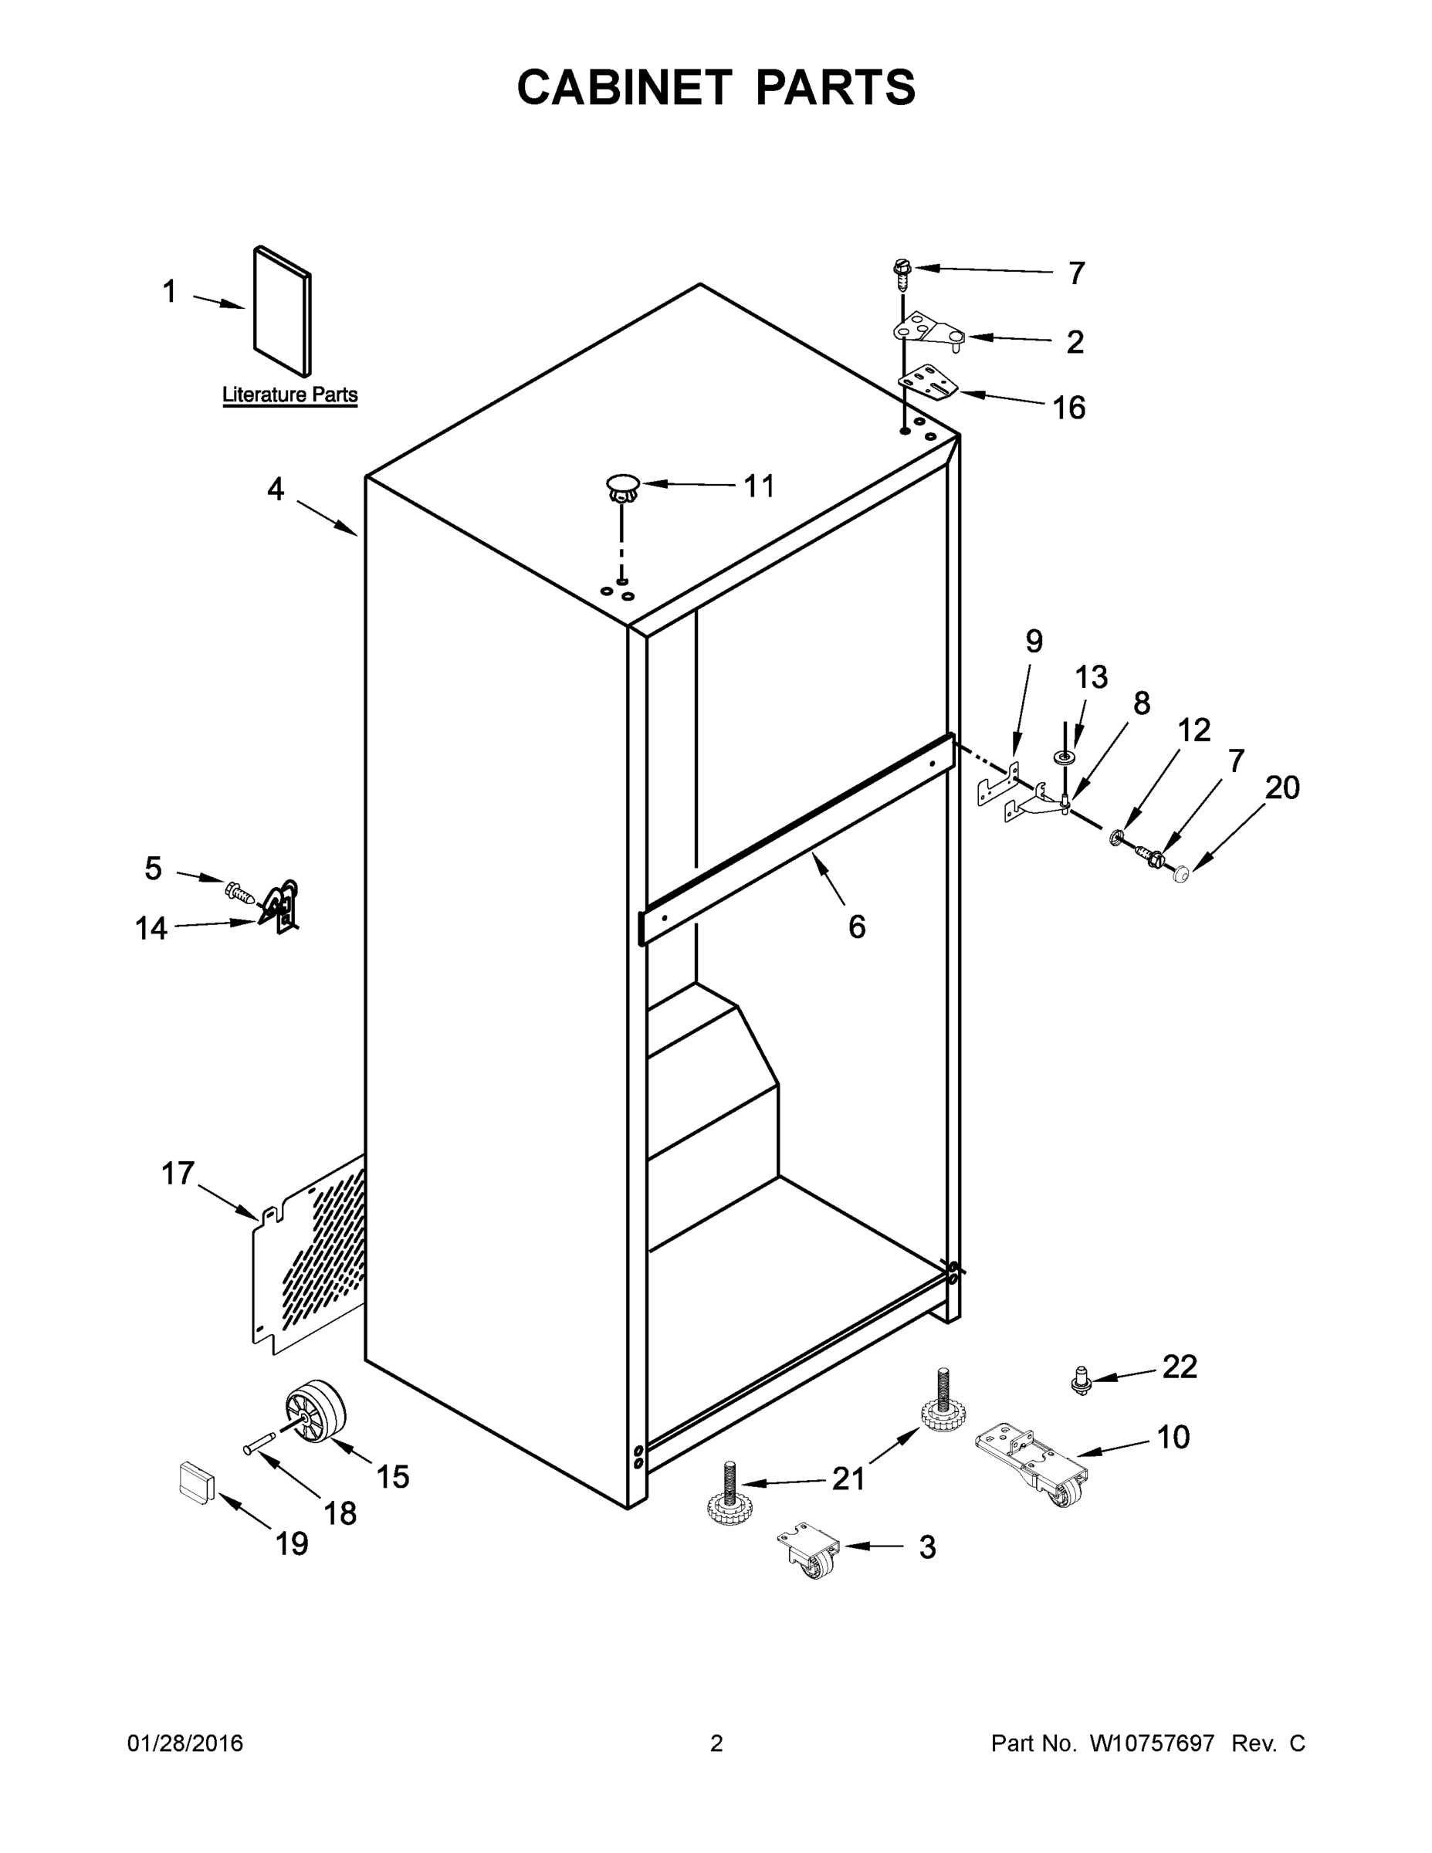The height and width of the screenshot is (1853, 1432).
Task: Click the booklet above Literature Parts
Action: click(282, 311)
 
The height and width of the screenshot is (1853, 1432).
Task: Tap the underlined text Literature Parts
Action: click(289, 395)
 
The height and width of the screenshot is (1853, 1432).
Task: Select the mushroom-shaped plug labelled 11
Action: click(623, 489)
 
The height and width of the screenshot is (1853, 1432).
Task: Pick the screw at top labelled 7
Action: click(902, 272)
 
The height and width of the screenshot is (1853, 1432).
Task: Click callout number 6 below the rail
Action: click(857, 927)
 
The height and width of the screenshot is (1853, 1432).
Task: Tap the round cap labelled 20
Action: click(1180, 875)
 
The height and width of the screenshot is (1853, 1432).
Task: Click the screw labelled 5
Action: click(239, 892)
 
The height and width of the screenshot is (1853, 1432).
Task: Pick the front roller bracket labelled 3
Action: click(809, 1554)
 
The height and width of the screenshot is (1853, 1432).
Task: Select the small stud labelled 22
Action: click(1081, 1380)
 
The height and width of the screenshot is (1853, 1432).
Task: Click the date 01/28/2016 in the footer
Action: click(185, 1743)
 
